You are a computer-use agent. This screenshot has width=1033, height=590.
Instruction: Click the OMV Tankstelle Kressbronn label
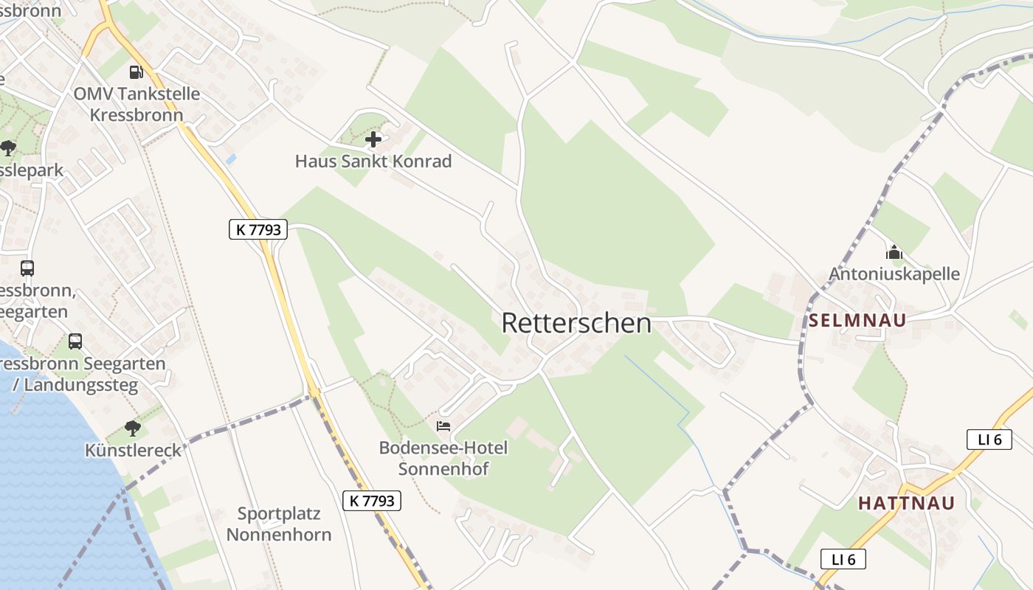pos(137,104)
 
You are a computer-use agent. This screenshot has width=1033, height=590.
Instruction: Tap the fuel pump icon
pos(136,72)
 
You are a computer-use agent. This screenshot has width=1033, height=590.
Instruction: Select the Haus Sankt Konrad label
pos(373,161)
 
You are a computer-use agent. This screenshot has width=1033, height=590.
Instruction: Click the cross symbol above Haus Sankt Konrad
pos(373,139)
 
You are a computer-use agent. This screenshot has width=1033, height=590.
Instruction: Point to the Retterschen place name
pos(576,323)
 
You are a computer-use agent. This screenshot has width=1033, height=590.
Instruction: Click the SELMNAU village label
pos(857,321)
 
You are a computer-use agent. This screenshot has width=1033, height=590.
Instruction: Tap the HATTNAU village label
pos(906,504)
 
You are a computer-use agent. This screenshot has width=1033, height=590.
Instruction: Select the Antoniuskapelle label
pos(894,274)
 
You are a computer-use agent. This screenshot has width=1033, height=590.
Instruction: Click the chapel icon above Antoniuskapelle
pos(894,253)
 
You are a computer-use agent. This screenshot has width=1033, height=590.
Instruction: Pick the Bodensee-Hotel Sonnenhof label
pos(443,458)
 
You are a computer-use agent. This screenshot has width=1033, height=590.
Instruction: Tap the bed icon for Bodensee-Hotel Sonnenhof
pos(443,426)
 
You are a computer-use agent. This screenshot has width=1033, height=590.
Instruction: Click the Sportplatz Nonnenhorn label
pos(279,524)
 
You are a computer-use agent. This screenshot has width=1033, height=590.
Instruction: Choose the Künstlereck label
pos(133,450)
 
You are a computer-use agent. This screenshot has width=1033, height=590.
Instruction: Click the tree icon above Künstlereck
pos(133,428)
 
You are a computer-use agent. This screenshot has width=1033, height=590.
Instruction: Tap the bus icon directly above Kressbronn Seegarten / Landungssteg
pos(75,341)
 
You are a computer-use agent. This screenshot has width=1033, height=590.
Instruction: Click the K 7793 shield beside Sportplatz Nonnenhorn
pos(373,501)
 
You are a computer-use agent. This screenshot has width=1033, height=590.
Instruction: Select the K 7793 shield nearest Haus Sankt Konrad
pos(258,229)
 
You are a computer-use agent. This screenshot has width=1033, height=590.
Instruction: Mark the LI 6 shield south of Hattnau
pos(843,559)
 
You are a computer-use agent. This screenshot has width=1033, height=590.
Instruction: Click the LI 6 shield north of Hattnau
pos(989,440)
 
